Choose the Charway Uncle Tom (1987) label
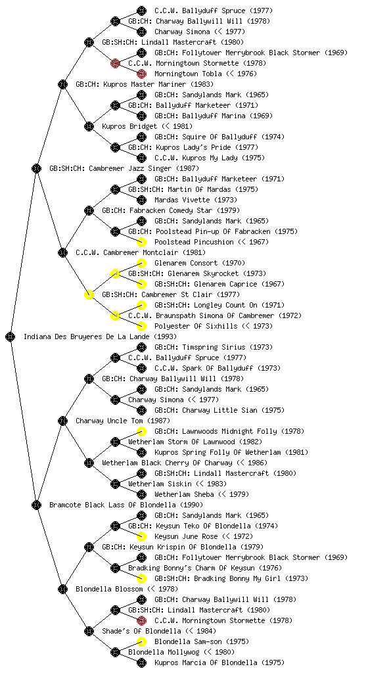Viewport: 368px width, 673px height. coord(123,421)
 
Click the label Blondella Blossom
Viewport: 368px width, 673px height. coord(109,589)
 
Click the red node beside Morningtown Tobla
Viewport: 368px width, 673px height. coord(141,74)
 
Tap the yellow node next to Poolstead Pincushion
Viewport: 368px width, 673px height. coord(141,242)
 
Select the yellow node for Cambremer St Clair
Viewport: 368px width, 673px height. coord(89,294)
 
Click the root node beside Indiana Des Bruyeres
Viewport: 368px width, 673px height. coord(11,336)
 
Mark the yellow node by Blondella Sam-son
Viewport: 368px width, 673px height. coord(141,641)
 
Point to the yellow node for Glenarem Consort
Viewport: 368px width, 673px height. coord(141,263)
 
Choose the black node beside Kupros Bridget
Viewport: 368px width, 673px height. coord(89,126)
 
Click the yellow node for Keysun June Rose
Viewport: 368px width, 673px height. coord(141,536)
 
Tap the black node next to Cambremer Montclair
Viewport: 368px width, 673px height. coord(62,252)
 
